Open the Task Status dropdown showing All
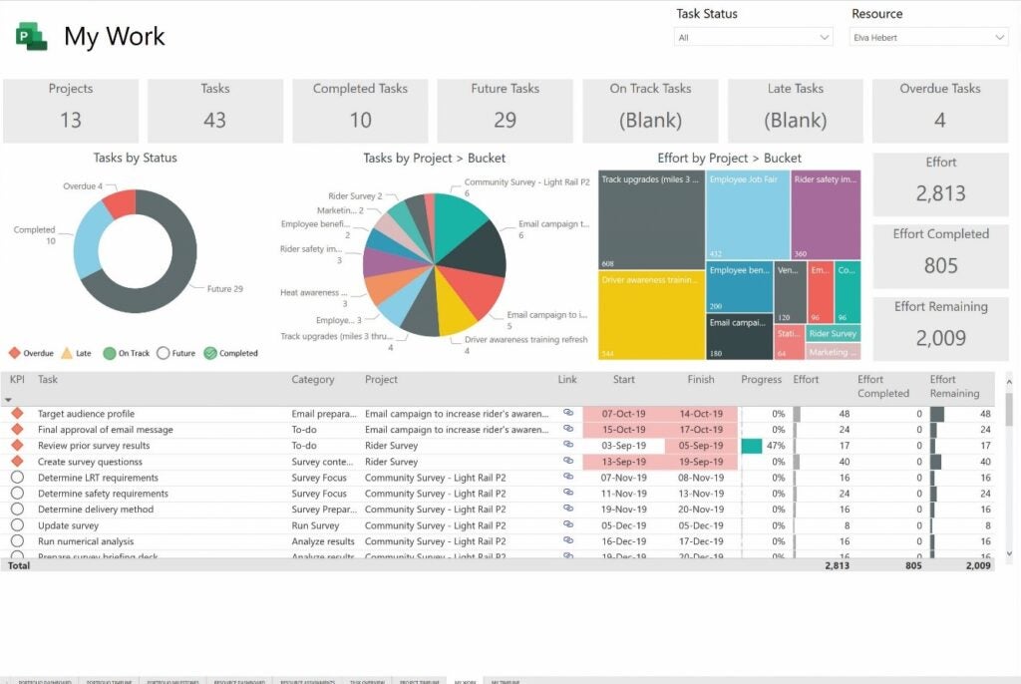(754, 37)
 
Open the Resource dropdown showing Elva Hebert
(928, 37)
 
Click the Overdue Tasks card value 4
(939, 120)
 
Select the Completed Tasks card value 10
(360, 120)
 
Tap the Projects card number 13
(70, 120)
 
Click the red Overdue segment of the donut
(120, 202)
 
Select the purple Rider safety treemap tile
(826, 215)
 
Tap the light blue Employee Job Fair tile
(748, 215)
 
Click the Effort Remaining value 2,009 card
(941, 337)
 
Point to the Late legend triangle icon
(67, 353)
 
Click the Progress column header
(761, 380)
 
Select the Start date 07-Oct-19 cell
(623, 414)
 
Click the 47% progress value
(775, 446)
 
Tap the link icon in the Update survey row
(568, 524)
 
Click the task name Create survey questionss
(89, 462)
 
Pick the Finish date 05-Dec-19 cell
(701, 525)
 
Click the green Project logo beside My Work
(31, 37)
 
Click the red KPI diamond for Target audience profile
(17, 414)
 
